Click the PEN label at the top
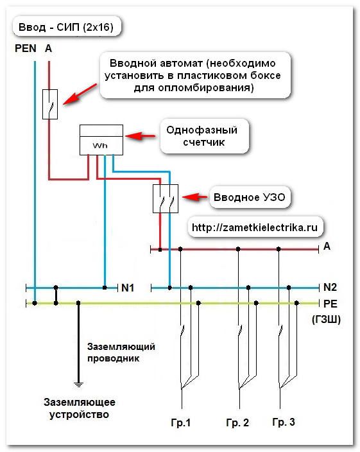tap(26, 48)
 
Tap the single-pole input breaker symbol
tap(50, 104)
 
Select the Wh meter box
tap(101, 140)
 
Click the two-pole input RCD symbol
tap(166, 198)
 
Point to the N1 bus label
tap(128, 288)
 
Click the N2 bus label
tap(330, 287)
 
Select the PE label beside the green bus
tap(330, 304)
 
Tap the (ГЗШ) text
tap(326, 319)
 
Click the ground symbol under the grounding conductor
tap(78, 384)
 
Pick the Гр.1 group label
tap(181, 422)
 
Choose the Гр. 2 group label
tap(237, 422)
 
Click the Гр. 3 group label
tap(284, 422)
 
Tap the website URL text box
tap(255, 227)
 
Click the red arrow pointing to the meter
tap(141, 135)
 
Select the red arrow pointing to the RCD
tap(195, 197)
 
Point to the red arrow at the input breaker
tap(80, 94)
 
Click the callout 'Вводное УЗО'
tap(250, 198)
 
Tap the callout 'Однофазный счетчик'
tap(204, 136)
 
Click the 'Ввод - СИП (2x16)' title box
tap(66, 27)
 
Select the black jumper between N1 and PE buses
tap(56, 295)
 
